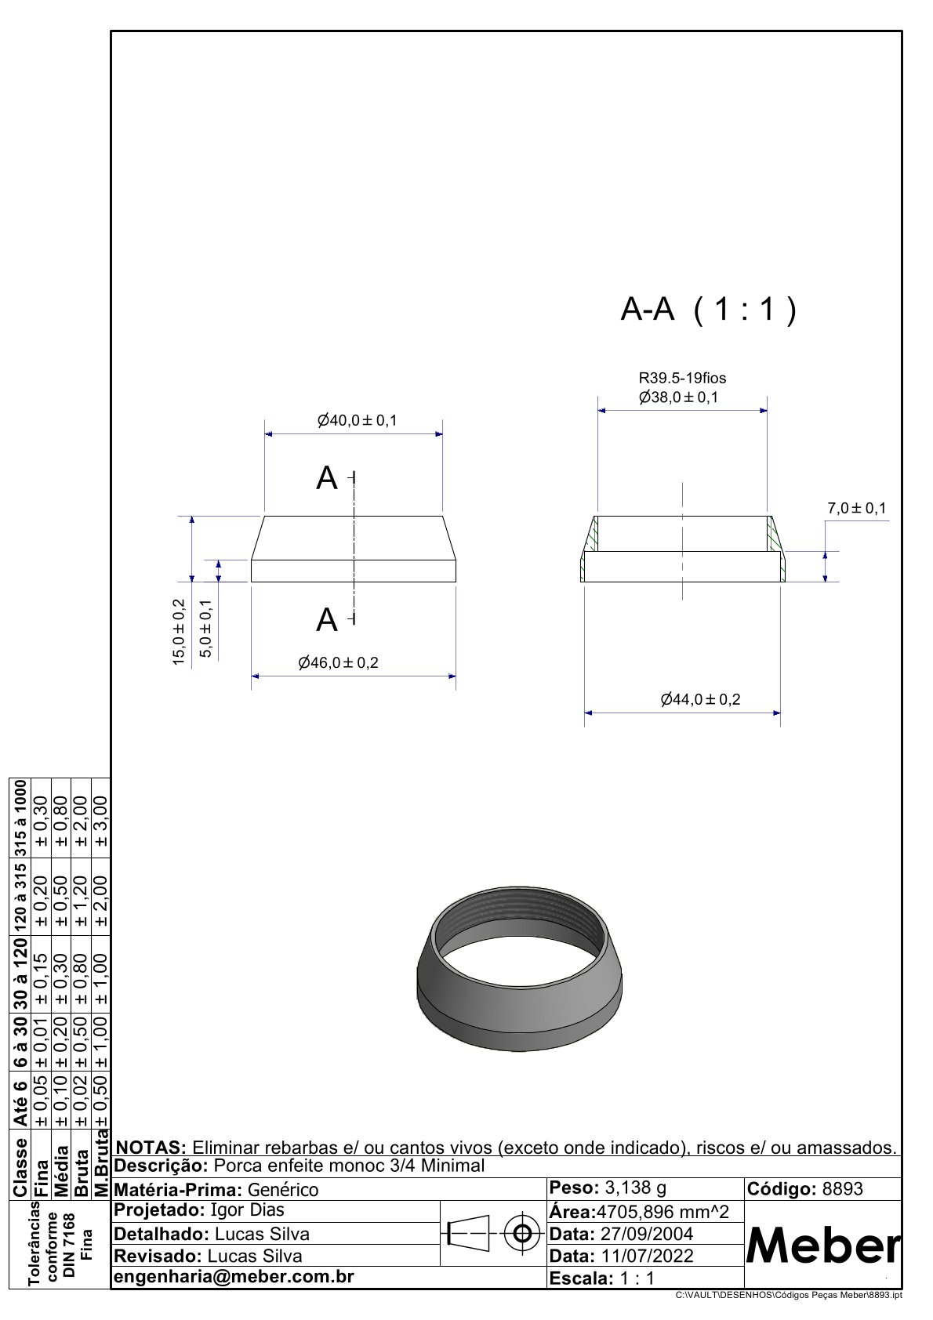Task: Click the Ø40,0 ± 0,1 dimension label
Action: [357, 421]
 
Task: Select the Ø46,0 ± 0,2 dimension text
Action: [338, 663]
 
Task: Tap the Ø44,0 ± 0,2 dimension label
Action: [700, 700]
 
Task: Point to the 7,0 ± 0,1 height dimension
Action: [856, 509]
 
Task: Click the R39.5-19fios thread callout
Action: [682, 379]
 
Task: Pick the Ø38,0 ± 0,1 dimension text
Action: [678, 397]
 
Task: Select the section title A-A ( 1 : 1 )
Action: [708, 311]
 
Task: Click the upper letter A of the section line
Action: [327, 478]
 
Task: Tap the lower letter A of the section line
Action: [327, 621]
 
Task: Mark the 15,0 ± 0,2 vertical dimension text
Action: [179, 633]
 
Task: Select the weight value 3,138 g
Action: [636, 1188]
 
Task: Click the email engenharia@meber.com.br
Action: [234, 1277]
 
